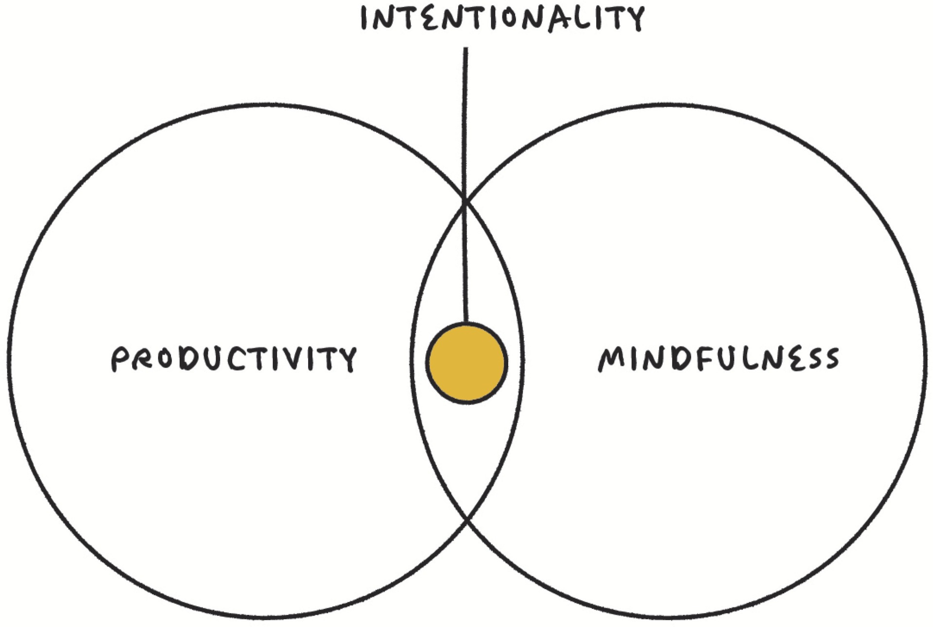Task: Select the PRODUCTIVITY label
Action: point(234,359)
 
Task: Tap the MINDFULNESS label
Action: point(718,359)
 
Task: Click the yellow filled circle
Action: point(466,363)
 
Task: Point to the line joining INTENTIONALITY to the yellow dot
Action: point(466,146)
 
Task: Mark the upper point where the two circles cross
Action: point(465,201)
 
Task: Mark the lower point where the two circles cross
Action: point(466,520)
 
